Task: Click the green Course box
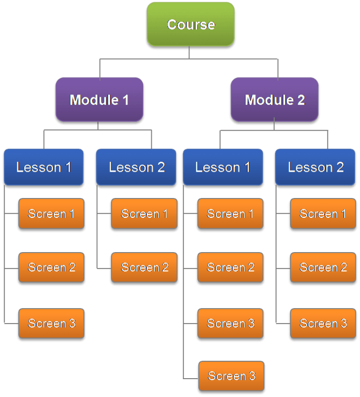click(x=190, y=24)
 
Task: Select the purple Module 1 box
click(x=99, y=100)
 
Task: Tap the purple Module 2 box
click(x=274, y=100)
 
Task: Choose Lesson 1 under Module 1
click(x=44, y=167)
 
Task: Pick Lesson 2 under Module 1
click(x=136, y=167)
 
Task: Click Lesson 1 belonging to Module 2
click(x=223, y=167)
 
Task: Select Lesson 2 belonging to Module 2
click(x=315, y=167)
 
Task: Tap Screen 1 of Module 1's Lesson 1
click(x=51, y=214)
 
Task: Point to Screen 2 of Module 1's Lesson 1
click(x=51, y=267)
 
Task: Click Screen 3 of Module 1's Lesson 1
click(x=51, y=324)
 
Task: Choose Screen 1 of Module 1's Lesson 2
click(x=144, y=214)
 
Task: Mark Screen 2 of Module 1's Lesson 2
click(x=144, y=267)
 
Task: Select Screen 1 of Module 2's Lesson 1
click(x=230, y=214)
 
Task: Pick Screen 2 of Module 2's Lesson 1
click(x=230, y=267)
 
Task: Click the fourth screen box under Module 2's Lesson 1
click(x=231, y=376)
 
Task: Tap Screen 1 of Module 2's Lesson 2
click(x=323, y=214)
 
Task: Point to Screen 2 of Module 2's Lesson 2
click(x=323, y=267)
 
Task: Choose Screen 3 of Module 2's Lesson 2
click(x=323, y=324)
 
